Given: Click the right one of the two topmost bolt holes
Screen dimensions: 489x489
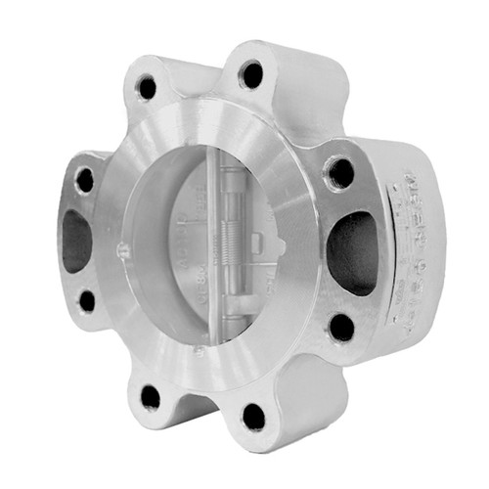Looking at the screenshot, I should [x=251, y=73].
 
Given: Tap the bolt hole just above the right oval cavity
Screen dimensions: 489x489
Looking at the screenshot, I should [x=340, y=173].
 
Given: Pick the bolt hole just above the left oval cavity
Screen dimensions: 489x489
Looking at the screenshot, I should [x=85, y=180].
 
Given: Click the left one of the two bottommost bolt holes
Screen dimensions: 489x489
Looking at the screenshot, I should [x=150, y=396].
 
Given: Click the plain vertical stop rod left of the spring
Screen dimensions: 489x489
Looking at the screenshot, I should [x=217, y=244].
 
